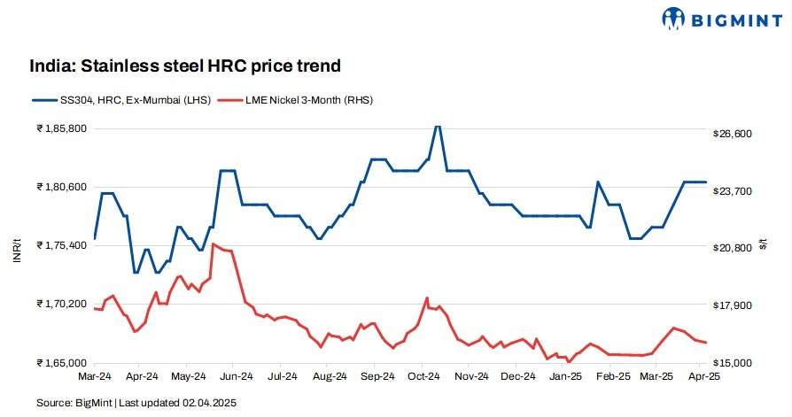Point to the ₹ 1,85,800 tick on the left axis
tap(61, 129)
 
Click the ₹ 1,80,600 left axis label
tap(61, 187)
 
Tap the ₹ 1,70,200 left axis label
tap(61, 304)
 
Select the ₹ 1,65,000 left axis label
tap(61, 363)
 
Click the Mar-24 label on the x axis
tap(94, 377)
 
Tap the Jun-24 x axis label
tap(233, 377)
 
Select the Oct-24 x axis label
tap(423, 377)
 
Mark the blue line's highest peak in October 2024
tap(436, 126)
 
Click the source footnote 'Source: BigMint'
tap(75, 403)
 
